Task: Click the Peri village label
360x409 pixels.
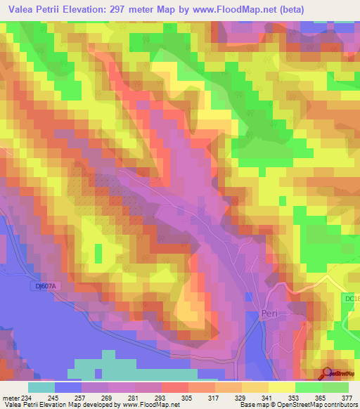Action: (270, 316)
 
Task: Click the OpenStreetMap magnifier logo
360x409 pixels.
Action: (327, 374)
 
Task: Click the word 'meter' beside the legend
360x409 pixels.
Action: (10, 397)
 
